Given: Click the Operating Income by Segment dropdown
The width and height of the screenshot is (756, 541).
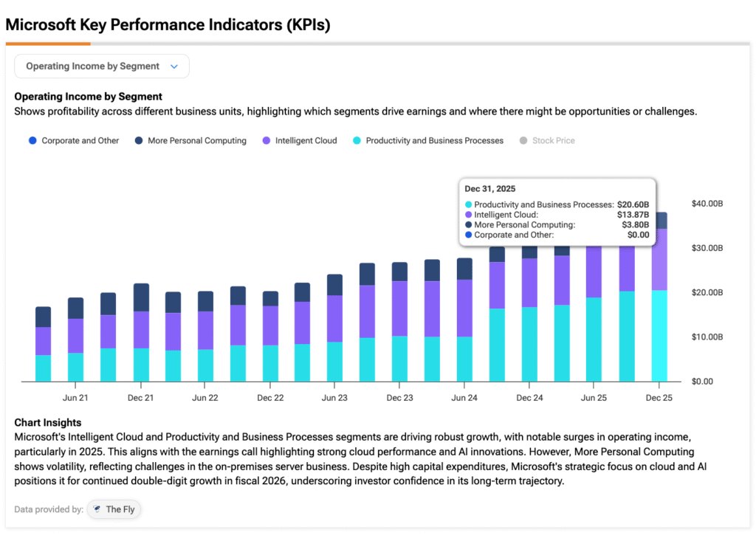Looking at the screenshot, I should coord(102,66).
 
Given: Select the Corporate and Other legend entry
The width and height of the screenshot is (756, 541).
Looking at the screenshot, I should coord(74,141).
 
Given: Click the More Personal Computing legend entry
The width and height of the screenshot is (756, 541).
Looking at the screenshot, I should coord(190,141).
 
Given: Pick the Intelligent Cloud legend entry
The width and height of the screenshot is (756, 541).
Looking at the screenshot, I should coord(299,141).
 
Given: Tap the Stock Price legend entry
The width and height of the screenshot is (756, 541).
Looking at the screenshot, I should coord(547,141).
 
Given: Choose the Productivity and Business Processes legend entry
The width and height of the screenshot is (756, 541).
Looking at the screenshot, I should coord(428,141).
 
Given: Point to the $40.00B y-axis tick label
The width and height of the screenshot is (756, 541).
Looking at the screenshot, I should coord(707,204).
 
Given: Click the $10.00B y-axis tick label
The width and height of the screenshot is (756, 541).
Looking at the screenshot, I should coord(707,337).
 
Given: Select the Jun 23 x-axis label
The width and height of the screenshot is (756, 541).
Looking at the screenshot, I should coord(334,398).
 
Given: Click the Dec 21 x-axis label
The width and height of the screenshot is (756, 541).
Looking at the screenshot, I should coord(140,398).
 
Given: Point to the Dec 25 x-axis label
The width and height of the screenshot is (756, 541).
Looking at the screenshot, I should coord(659,398).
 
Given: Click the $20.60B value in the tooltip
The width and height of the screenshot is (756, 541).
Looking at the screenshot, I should coord(633,204).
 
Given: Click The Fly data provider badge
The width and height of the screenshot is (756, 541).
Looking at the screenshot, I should coord(114,509).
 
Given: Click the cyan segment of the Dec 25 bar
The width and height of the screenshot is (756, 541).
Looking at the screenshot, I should coord(659,336).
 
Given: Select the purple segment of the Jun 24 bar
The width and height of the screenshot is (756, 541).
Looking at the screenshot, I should coord(464,308).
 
